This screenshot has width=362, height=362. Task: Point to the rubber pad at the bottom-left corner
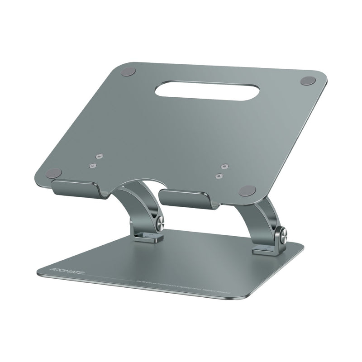(54, 173)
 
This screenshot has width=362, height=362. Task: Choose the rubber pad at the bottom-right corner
(247, 190)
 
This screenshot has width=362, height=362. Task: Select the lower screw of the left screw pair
(93, 166)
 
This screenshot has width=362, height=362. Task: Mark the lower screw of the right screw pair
(219, 176)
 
